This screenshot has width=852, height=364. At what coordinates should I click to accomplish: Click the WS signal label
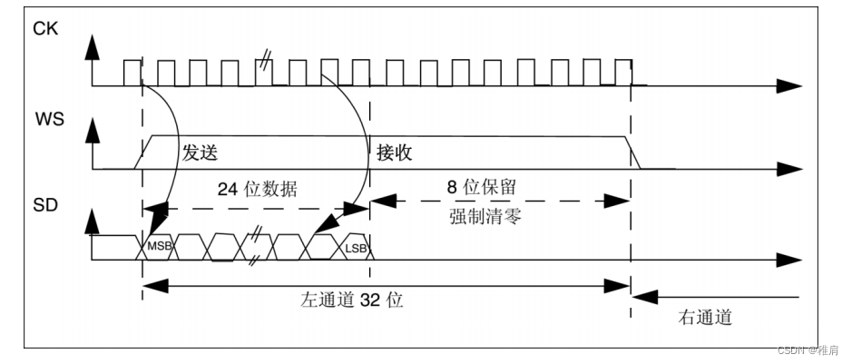click(x=48, y=119)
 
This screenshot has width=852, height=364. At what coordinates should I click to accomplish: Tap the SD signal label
click(x=45, y=205)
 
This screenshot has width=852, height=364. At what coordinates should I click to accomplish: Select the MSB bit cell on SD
click(x=159, y=246)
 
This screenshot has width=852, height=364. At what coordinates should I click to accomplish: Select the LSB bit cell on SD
click(x=355, y=246)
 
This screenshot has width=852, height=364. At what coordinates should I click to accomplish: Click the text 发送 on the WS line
click(x=201, y=152)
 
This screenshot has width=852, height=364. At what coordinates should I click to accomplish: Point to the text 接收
click(x=395, y=152)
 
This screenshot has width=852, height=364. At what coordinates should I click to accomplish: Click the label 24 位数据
click(x=258, y=189)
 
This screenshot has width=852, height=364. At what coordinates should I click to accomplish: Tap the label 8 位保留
click(x=483, y=187)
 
